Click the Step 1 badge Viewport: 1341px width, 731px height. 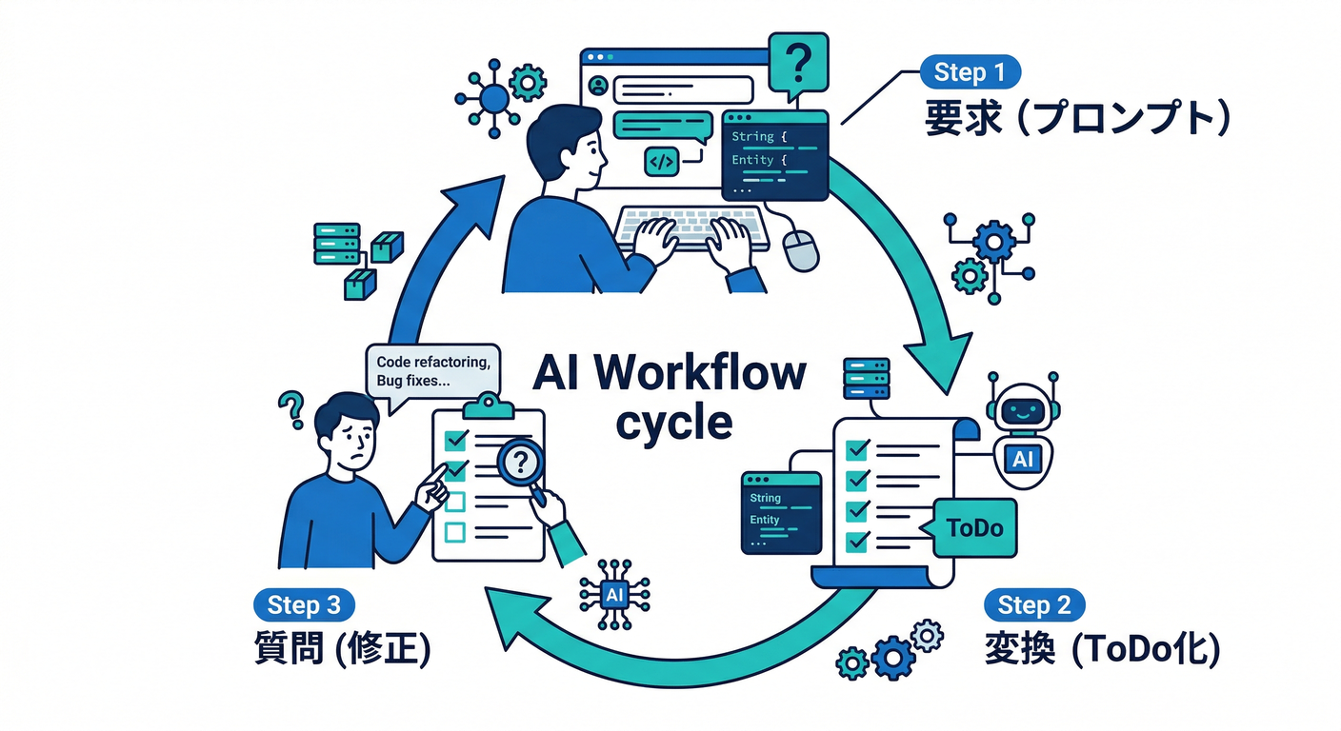[970, 72]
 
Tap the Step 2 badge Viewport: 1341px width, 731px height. [1034, 605]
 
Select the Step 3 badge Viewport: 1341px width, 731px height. [304, 605]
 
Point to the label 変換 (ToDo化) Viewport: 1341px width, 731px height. [1101, 651]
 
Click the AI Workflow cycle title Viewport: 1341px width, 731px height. [669, 395]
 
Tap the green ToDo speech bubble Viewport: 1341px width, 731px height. [975, 527]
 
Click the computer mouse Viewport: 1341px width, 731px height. [801, 249]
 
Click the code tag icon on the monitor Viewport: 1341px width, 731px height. [660, 162]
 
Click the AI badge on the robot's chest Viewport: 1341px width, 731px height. [1022, 460]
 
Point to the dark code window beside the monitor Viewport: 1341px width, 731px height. [773, 154]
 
